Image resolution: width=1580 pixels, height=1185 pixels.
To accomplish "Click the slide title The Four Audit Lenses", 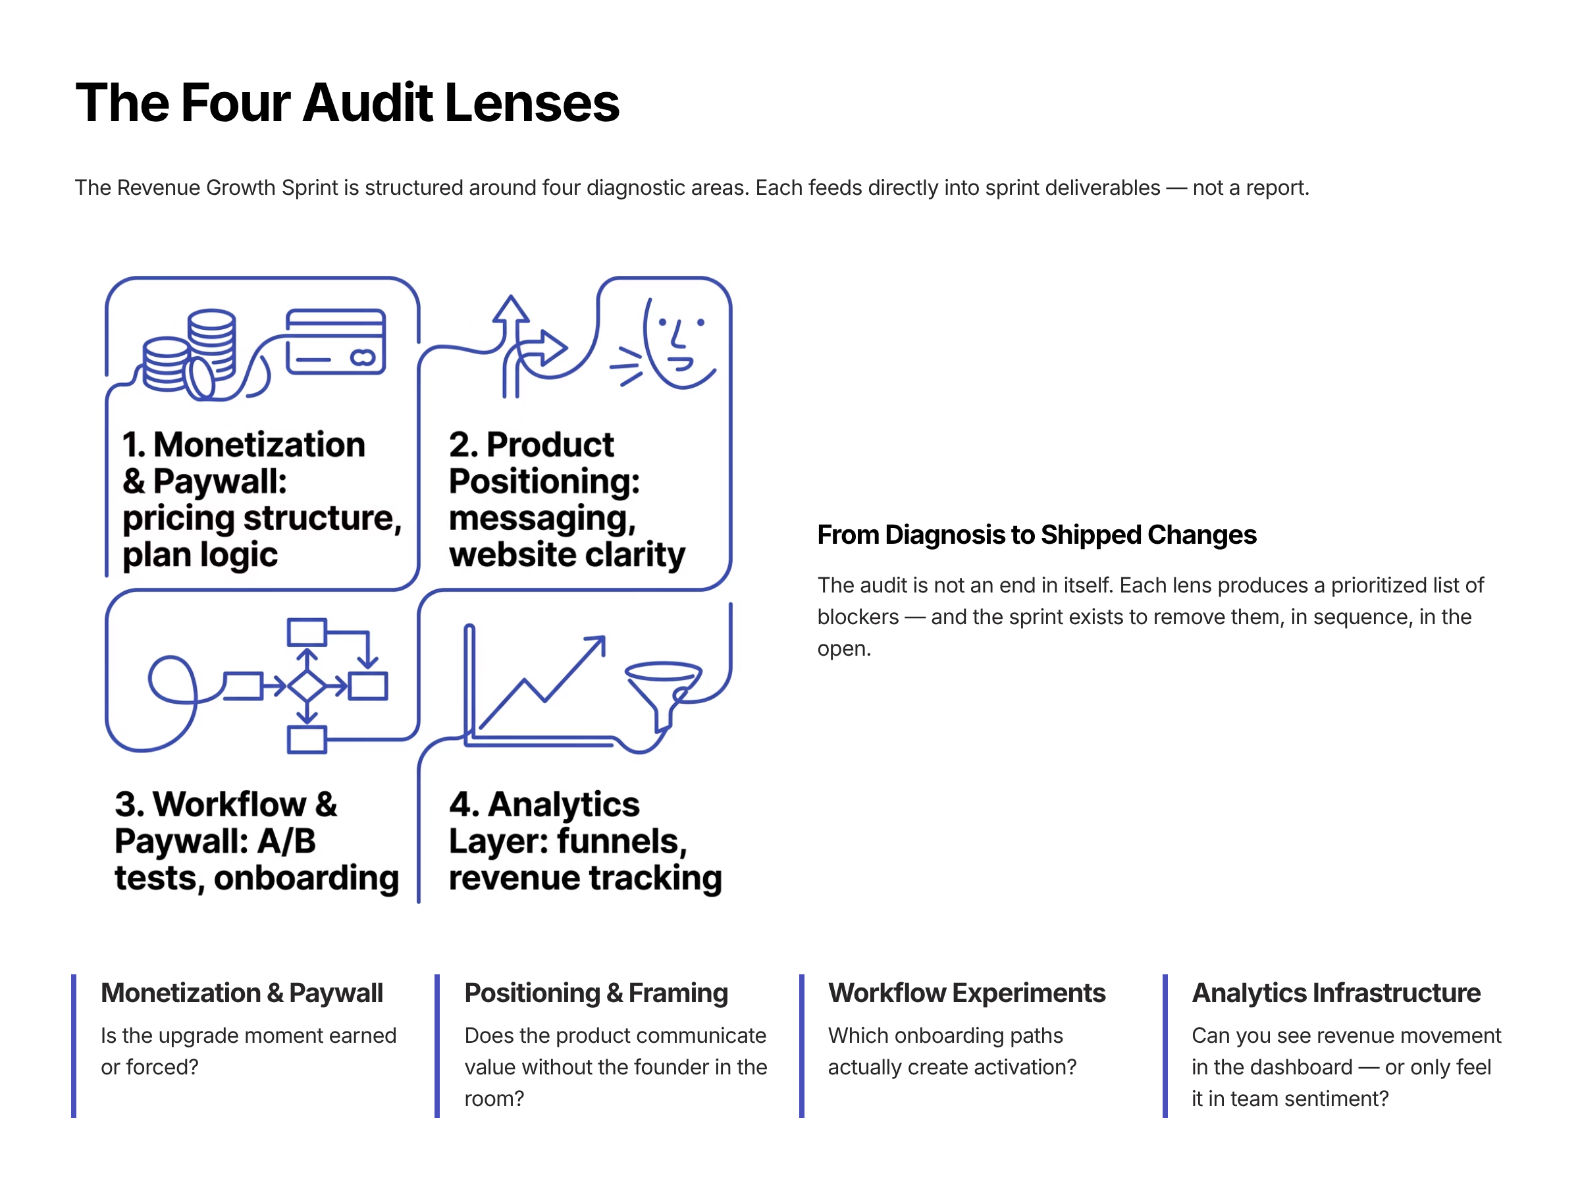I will click(x=347, y=103).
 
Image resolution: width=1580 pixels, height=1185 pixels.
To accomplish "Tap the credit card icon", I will click(x=335, y=342).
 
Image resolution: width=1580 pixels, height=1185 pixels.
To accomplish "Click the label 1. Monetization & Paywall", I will click(x=243, y=462).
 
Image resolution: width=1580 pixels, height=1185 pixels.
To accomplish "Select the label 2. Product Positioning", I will click(x=544, y=462).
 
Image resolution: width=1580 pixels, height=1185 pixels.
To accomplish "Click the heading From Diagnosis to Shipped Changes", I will click(x=1036, y=535).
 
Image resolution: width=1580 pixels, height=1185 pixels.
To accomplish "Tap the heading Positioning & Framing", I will click(x=596, y=993).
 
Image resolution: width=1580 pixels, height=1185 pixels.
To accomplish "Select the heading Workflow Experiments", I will click(x=966, y=993).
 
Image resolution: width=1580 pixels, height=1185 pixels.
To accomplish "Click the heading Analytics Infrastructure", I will click(x=1336, y=993).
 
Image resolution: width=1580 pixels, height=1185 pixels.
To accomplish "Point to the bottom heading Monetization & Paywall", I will click(x=242, y=993).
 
